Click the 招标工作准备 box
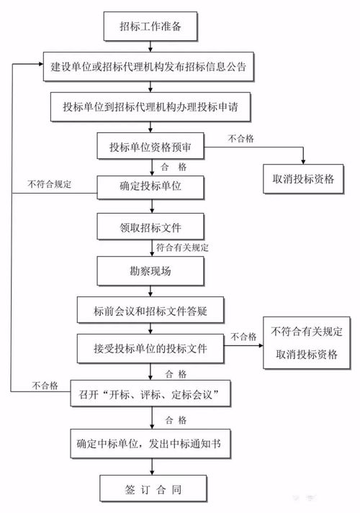coord(151,28)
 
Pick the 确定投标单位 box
coord(150,187)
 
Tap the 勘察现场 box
coord(150,271)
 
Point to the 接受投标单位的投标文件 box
coord(150,349)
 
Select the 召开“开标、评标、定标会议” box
coord(150,394)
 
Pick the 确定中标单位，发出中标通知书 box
coord(150,443)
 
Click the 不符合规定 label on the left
coord(50,184)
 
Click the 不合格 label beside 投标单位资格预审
coord(241,137)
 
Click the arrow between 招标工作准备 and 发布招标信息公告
coord(150,47)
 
